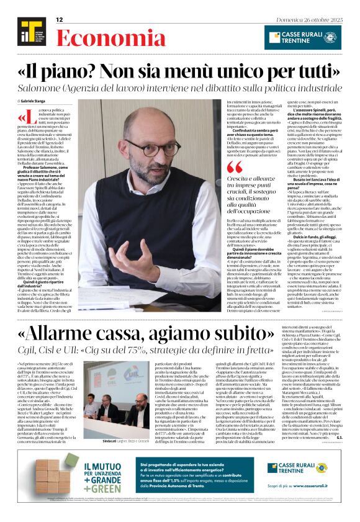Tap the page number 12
pos(60,20)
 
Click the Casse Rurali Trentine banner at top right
pos(302,37)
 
